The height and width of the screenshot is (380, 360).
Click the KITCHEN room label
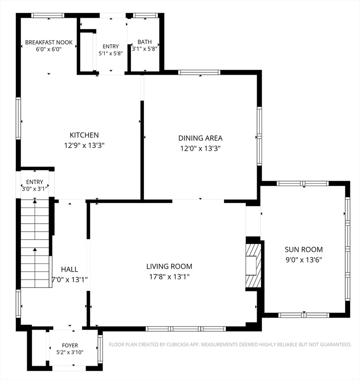(84, 135)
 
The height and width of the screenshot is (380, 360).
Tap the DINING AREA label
(200, 138)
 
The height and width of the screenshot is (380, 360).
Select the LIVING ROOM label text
(169, 266)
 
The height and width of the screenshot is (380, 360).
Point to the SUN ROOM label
(304, 249)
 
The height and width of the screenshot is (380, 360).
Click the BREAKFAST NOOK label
(48, 43)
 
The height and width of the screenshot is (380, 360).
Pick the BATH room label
(144, 42)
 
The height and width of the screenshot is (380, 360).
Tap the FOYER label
(70, 345)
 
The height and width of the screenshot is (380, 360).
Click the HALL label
(70, 269)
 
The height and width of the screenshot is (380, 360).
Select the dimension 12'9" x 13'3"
(84, 145)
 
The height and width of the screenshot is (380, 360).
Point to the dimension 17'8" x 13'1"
(169, 277)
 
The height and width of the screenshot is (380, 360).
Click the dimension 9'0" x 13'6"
(304, 260)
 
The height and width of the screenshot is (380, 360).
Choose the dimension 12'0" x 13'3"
(200, 148)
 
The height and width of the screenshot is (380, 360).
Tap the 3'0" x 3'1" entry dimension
(35, 189)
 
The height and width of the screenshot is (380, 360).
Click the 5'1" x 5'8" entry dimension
(111, 53)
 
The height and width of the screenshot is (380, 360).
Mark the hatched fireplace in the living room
(253, 266)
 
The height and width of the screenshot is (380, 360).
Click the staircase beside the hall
(35, 243)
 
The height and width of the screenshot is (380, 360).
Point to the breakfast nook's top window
(48, 15)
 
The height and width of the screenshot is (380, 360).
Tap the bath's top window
(145, 15)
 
